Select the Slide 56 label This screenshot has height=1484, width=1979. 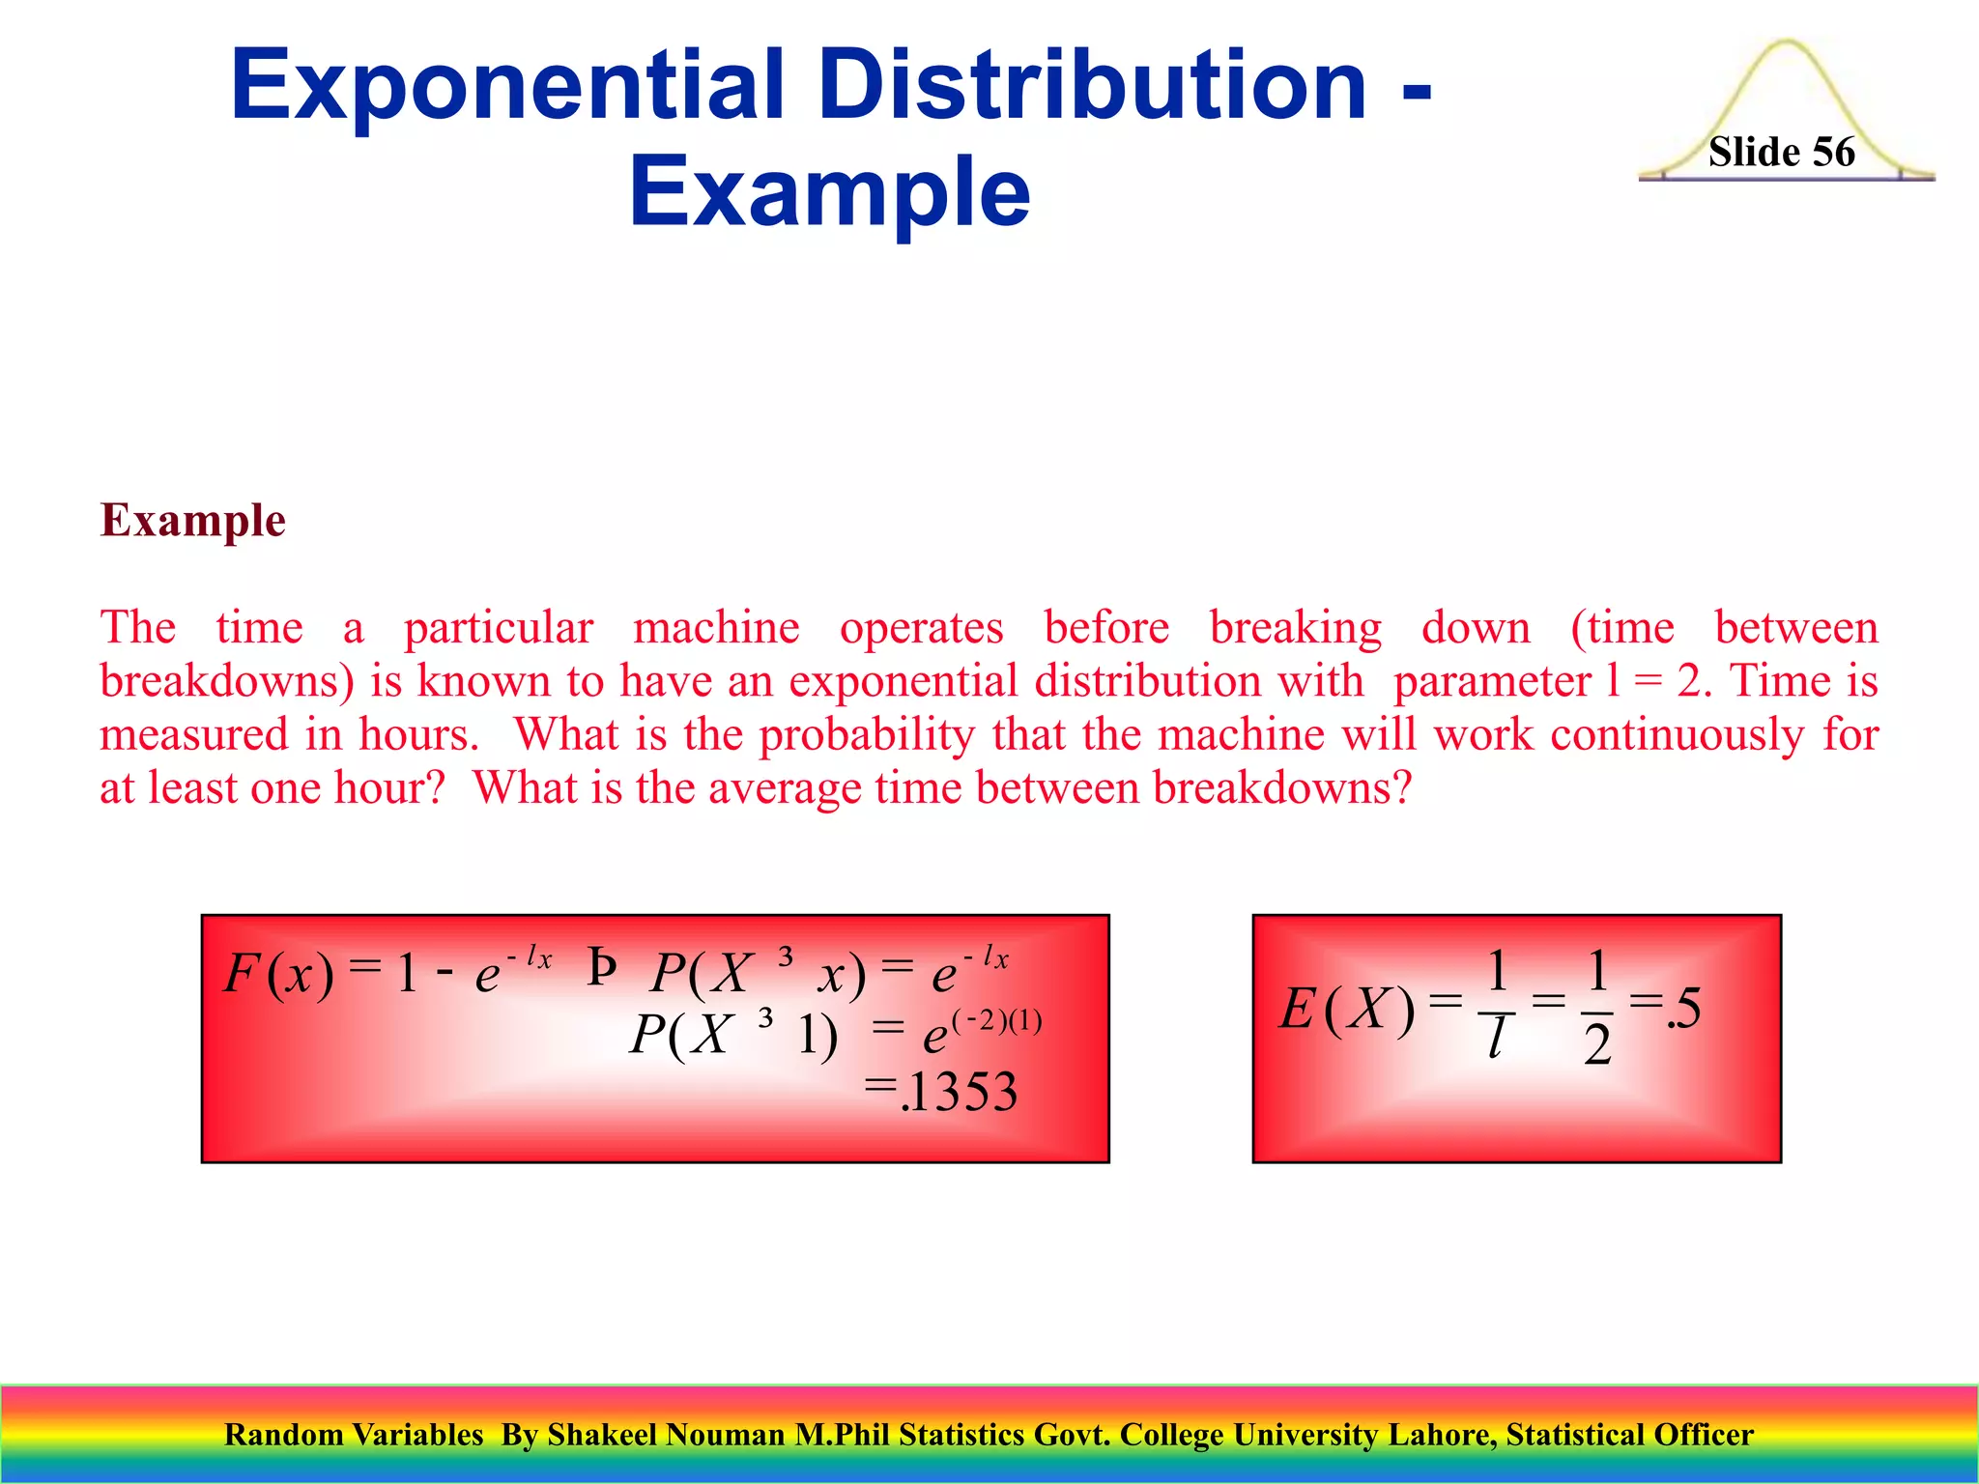pos(1781,153)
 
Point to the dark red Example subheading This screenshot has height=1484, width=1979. pos(193,520)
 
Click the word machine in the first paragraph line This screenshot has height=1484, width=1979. pos(716,628)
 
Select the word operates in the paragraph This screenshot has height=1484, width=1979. pos(921,628)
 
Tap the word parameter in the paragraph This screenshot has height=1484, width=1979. pos(1492,681)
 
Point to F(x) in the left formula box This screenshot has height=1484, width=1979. pos(278,973)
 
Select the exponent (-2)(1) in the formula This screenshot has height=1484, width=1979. pos(997,1021)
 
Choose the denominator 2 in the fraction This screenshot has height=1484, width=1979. pos(1597,1045)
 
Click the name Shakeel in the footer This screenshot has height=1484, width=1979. pos(599,1435)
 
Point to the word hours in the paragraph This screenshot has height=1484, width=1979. pos(418,735)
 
